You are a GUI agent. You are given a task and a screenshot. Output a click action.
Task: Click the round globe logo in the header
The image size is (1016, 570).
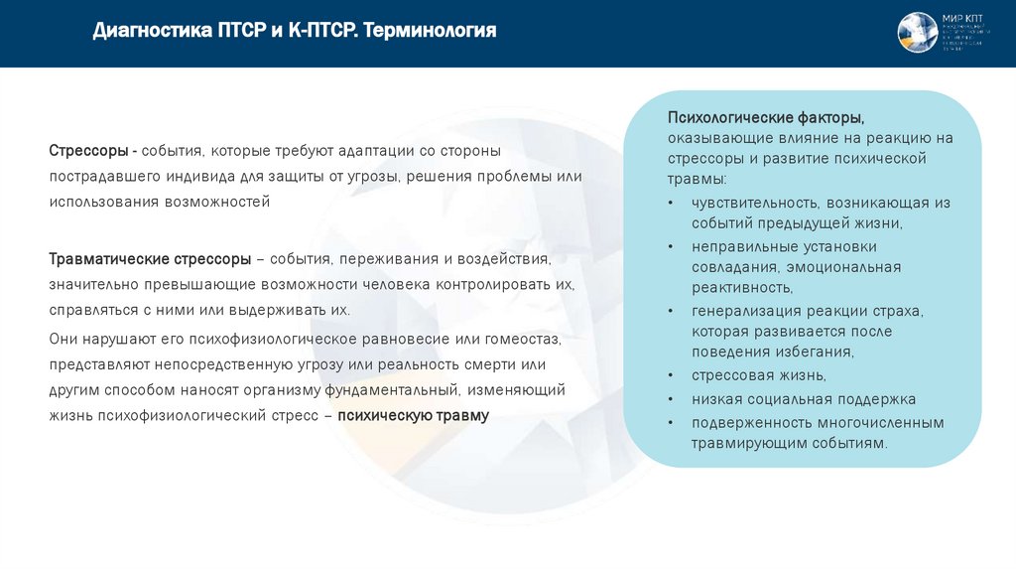(917, 33)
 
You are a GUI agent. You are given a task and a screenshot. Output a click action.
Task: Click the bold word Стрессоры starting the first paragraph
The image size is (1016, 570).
(88, 150)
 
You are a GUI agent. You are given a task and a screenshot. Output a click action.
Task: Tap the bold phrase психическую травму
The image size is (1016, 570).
(413, 416)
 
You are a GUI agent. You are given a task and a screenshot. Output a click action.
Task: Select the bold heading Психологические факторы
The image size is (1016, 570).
(758, 118)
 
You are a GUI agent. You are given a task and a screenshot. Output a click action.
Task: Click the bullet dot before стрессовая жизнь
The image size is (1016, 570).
(672, 375)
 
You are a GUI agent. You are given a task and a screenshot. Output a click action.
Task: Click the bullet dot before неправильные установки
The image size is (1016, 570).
(672, 246)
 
